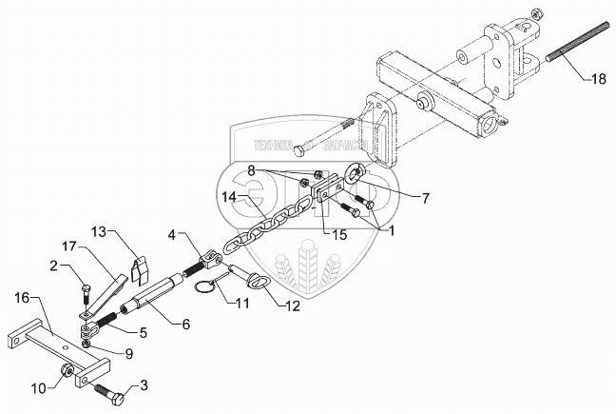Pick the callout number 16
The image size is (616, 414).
pyautogui.click(x=23, y=297)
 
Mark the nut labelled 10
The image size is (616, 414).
pyautogui.click(x=67, y=369)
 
